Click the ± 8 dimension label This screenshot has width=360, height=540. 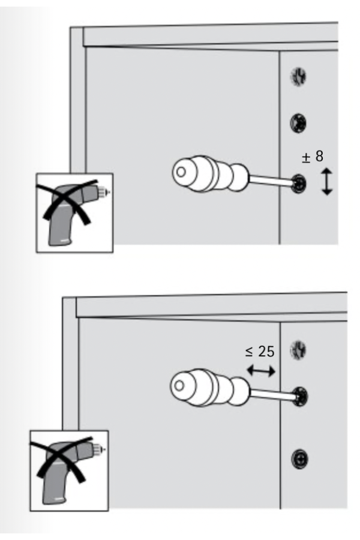(313, 157)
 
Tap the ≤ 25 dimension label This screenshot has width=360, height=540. (260, 352)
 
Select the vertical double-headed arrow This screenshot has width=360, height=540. (327, 181)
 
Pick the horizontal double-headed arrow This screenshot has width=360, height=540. (261, 371)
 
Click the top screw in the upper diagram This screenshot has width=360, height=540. (298, 76)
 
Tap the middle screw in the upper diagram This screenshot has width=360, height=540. (298, 123)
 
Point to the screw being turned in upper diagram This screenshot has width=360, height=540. (298, 184)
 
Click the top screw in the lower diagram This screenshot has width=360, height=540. (298, 349)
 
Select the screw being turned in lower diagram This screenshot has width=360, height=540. (301, 397)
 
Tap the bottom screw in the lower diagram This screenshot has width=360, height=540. (299, 459)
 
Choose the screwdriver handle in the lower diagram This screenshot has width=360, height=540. (209, 387)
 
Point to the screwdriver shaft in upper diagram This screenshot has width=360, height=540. (271, 181)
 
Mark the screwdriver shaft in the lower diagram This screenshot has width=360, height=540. (273, 394)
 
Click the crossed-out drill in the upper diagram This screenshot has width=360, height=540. (73, 212)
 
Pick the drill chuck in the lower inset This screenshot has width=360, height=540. (98, 449)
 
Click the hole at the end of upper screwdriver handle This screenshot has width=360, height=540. (181, 172)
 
